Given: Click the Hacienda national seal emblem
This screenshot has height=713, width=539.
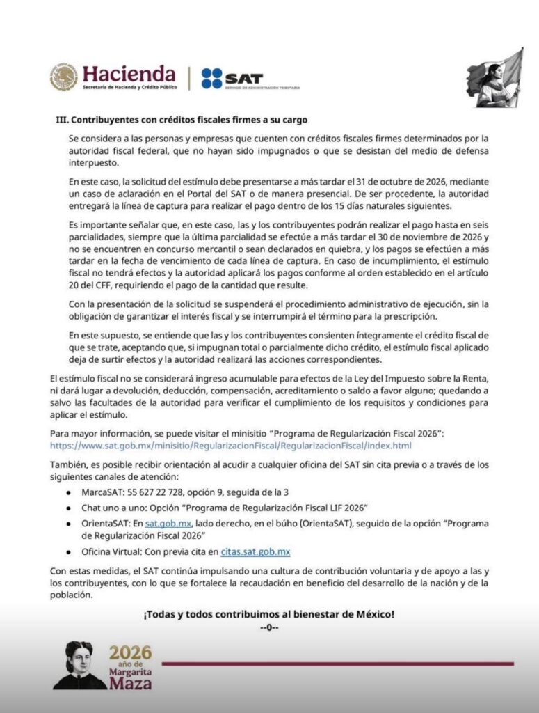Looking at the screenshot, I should point(63,77).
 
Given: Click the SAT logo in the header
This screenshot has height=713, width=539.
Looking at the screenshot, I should point(232,77).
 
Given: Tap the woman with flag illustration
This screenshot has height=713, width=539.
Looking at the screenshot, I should point(495,78).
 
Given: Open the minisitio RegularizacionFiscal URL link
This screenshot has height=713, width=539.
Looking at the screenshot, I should point(231,446).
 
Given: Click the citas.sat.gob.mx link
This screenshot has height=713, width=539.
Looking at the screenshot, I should point(255,552).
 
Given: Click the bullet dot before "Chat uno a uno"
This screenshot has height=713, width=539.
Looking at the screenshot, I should point(67,508).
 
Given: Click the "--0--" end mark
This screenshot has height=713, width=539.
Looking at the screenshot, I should point(269,627).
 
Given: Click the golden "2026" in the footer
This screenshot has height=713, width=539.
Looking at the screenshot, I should point(130,654).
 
